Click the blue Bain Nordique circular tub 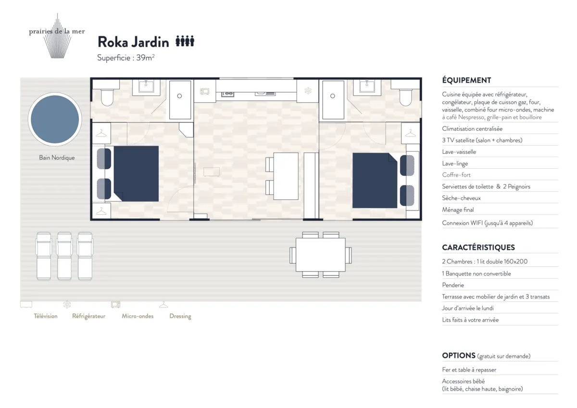55,119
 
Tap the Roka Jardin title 133,42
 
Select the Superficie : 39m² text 125,58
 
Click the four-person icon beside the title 185,41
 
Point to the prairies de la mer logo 57,36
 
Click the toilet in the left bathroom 107,97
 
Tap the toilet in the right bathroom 406,97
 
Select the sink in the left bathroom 146,86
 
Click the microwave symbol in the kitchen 204,91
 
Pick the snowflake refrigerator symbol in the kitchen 308,91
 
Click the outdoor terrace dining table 320,255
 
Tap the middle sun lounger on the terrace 64,256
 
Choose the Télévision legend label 46,316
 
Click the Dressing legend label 180,316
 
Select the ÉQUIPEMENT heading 466,80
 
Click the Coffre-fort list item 456,175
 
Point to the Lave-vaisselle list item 459,152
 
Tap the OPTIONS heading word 459,356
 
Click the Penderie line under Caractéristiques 453,285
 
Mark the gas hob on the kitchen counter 228,94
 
